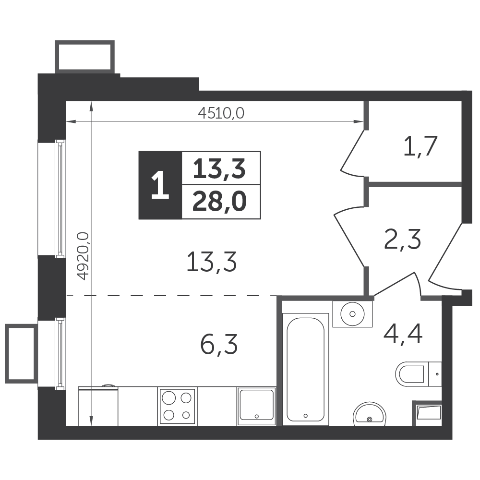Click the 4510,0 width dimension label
pos(221,113)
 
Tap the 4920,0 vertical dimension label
pos(83,256)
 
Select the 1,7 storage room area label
pos(420,146)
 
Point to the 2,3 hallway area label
pos(402,239)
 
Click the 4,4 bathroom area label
pos(403,335)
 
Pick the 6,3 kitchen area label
pos(219,344)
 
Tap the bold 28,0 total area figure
pos(219,202)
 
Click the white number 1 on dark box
pos(160,185)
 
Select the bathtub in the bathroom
pos(305,369)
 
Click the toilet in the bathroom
pos(418,374)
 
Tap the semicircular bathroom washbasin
pos(370,414)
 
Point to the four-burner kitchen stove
pos(177,406)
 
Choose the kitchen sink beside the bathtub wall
pos(256,406)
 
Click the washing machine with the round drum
pos(352,314)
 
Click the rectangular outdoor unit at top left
pos(85,57)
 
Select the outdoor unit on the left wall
pos(21,353)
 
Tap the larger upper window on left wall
pos(60,198)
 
